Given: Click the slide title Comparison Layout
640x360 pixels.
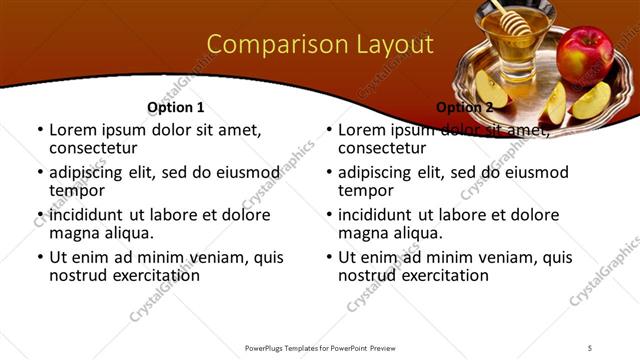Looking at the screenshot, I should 319,45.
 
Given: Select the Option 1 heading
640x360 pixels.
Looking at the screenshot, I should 175,107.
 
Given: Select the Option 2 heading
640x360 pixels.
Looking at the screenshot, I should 464,107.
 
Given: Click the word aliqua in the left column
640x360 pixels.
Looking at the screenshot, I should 126,233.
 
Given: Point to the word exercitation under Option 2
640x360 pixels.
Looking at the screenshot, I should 442,275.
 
